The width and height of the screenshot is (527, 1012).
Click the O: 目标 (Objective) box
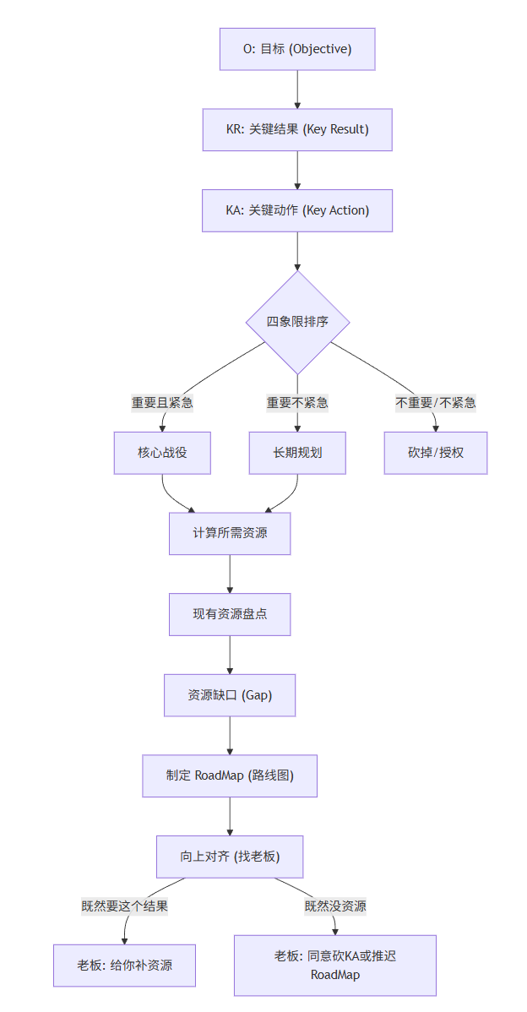pos(297,49)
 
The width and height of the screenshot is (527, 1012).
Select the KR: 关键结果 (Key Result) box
pos(297,129)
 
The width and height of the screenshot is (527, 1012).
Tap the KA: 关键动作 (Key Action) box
pos(297,210)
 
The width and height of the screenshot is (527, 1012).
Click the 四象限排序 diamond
pos(297,322)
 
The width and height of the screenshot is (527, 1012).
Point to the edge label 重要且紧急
pos(162,402)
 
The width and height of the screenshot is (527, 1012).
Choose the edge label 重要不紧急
pos(297,402)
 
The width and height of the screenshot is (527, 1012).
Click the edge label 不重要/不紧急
pos(436,402)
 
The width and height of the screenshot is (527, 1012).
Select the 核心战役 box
pos(162,453)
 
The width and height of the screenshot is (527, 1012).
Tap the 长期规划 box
pos(297,453)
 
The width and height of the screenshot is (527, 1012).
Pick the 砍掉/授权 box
pos(436,453)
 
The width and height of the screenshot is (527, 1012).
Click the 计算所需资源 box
pos(230,533)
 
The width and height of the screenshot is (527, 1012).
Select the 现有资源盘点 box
pos(230,614)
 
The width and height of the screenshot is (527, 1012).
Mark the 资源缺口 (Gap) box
pos(230,695)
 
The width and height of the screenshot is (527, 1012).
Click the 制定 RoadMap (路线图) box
pos(230,775)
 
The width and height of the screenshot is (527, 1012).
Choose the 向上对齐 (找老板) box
pos(230,857)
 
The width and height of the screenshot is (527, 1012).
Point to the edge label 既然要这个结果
pos(124,906)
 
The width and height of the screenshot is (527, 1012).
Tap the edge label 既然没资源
pos(335,906)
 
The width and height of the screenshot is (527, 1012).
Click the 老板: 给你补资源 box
pos(124,965)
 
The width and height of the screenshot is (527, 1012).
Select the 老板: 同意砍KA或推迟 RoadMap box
pos(335,965)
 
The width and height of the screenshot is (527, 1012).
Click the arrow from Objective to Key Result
pos(297,89)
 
